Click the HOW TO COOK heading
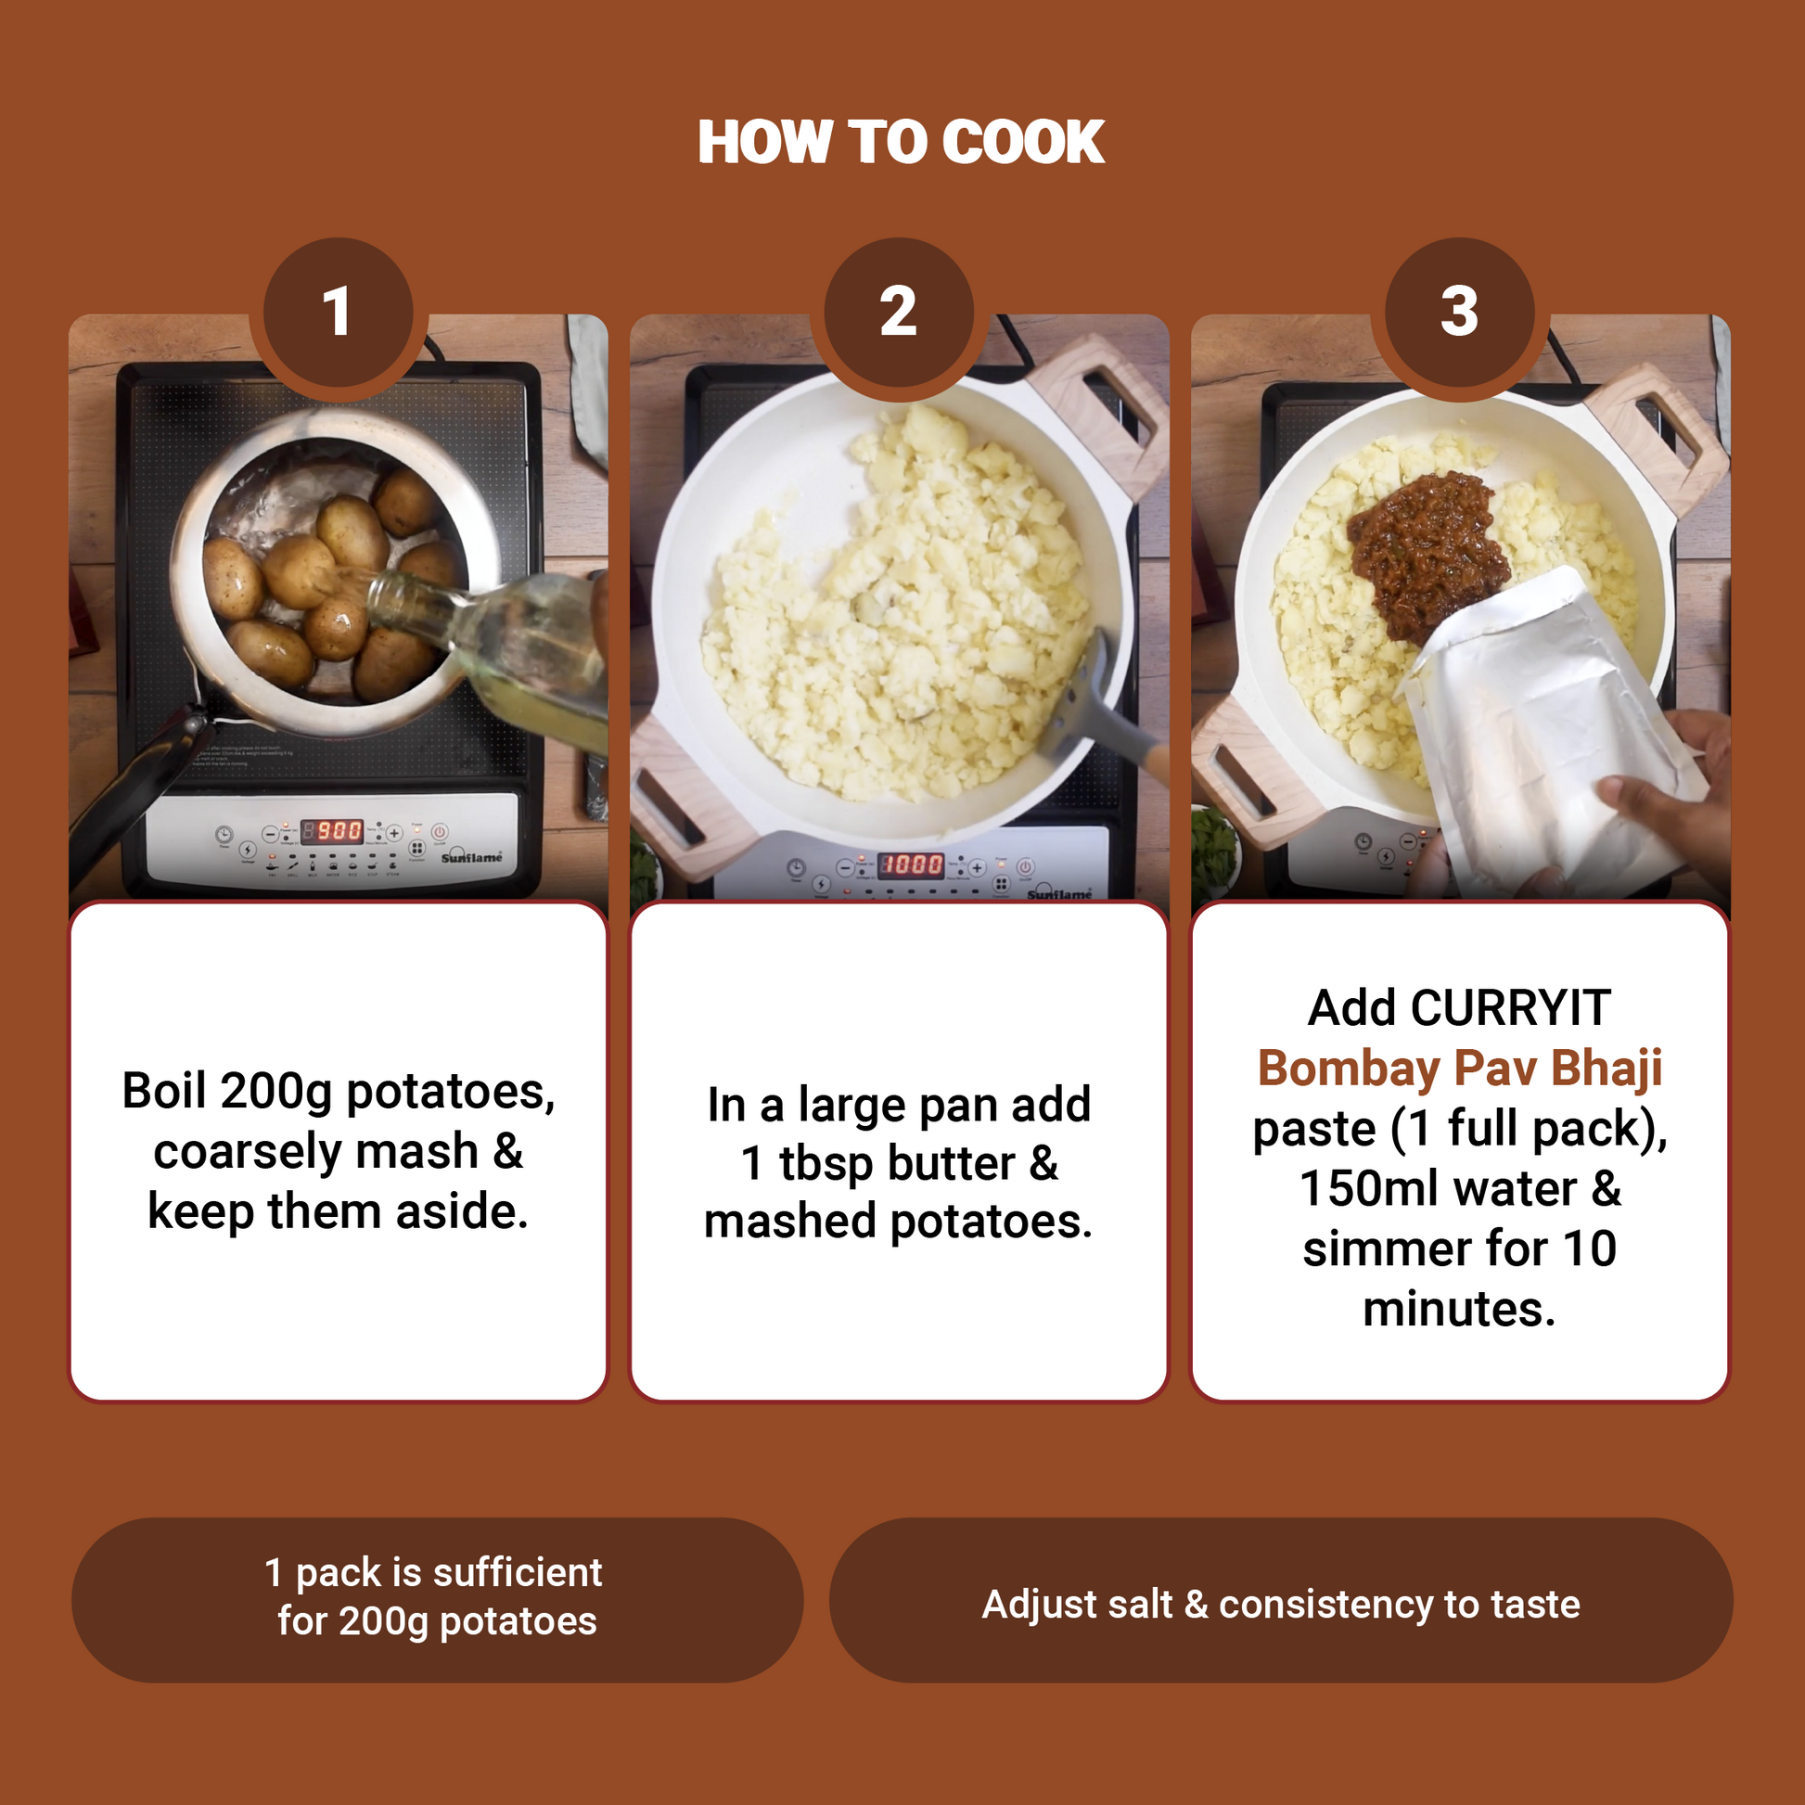pyautogui.click(x=902, y=142)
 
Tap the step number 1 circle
pyautogui.click(x=339, y=312)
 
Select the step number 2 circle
pyautogui.click(x=899, y=312)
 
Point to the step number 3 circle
pyautogui.click(x=1459, y=312)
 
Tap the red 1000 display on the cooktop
pyautogui.click(x=910, y=864)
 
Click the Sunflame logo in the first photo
pyautogui.click(x=471, y=856)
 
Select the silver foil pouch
pyautogui.click(x=1542, y=738)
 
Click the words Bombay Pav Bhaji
pyautogui.click(x=1459, y=1068)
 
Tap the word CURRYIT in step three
pyautogui.click(x=1511, y=1007)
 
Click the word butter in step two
pyautogui.click(x=951, y=1163)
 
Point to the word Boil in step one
pyautogui.click(x=164, y=1090)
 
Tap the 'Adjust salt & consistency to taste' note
pyautogui.click(x=1281, y=1604)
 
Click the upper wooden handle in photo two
pyautogui.click(x=1103, y=411)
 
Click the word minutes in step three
pyautogui.click(x=1459, y=1309)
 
